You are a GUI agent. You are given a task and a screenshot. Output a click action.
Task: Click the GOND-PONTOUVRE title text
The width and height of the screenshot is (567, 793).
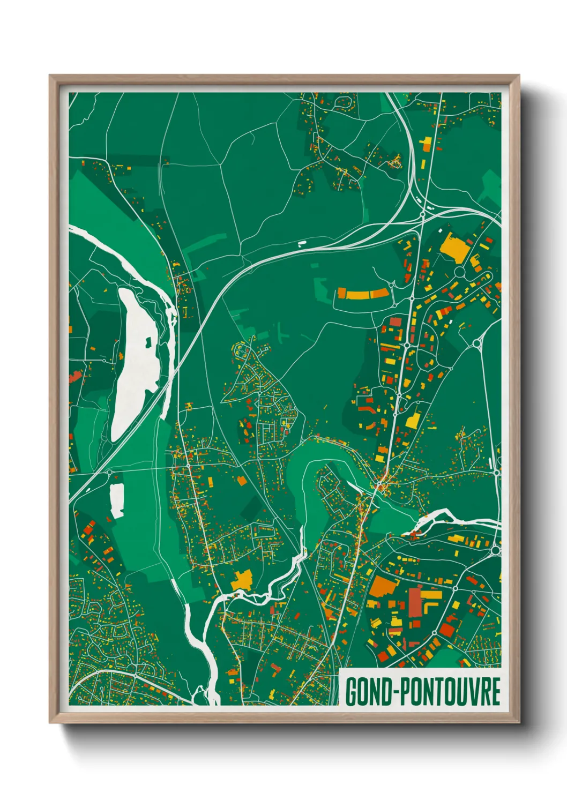[x=422, y=691]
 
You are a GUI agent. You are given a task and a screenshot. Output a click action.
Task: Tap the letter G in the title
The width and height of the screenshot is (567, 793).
[x=352, y=691]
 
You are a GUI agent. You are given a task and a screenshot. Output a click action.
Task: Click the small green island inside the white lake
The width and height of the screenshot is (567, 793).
[x=148, y=341]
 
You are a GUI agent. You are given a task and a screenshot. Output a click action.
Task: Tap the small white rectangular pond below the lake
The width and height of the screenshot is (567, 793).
[x=116, y=500]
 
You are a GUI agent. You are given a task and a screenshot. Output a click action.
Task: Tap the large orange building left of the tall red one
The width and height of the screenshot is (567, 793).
[x=383, y=587]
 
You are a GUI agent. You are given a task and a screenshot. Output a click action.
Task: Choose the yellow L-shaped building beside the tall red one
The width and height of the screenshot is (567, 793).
[x=430, y=596]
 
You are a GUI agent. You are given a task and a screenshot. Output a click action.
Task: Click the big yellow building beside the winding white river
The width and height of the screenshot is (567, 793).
[x=242, y=580]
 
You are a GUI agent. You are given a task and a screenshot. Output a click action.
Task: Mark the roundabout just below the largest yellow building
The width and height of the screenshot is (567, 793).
[x=460, y=272]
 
